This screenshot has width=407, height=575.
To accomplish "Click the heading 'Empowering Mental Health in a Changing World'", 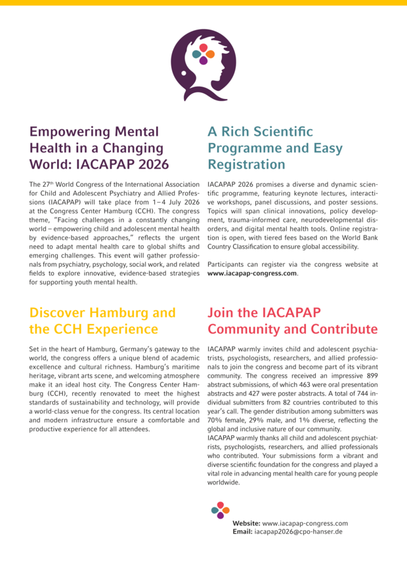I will [98, 148].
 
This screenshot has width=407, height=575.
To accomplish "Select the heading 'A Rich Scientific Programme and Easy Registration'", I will [274, 148].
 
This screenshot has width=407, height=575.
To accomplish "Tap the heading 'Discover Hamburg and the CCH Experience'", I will [102, 321].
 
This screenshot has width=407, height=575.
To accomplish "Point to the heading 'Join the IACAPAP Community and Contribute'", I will [292, 321].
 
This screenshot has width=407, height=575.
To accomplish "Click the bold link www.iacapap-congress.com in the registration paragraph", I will [252, 273].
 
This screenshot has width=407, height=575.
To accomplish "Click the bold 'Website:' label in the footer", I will [246, 523].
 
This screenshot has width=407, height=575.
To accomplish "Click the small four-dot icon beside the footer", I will [221, 511].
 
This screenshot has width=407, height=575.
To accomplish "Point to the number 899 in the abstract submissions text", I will [372, 384].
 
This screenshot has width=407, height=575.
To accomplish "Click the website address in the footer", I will [305, 523].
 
